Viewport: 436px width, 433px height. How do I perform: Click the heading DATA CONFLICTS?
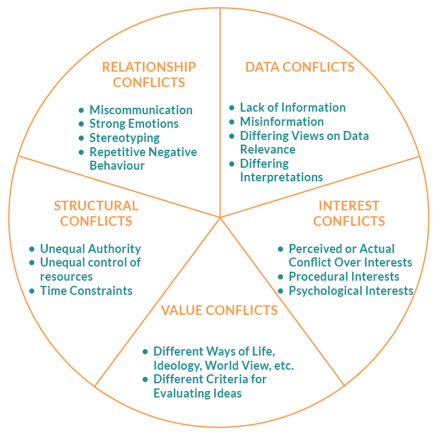(x=300, y=67)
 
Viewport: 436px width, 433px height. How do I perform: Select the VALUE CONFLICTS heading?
(x=220, y=310)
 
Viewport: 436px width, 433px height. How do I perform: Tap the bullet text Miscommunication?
(x=141, y=110)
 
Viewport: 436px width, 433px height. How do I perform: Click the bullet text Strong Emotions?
(x=134, y=124)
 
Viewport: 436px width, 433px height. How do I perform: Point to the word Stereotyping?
(x=125, y=137)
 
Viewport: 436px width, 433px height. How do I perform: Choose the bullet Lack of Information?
(x=293, y=108)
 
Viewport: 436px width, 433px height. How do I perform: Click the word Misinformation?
(x=282, y=121)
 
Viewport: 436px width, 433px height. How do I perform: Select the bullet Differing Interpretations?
(x=281, y=170)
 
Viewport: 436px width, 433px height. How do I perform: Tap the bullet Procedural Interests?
(x=344, y=276)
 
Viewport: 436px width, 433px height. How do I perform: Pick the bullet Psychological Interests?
(x=351, y=290)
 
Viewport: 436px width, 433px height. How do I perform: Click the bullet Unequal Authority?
(x=90, y=248)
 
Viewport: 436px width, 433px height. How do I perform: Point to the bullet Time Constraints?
(x=86, y=290)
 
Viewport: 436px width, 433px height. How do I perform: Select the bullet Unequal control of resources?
(x=90, y=269)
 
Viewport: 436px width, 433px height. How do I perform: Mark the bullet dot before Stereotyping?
(x=81, y=138)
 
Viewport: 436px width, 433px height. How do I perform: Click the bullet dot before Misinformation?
(x=232, y=122)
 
